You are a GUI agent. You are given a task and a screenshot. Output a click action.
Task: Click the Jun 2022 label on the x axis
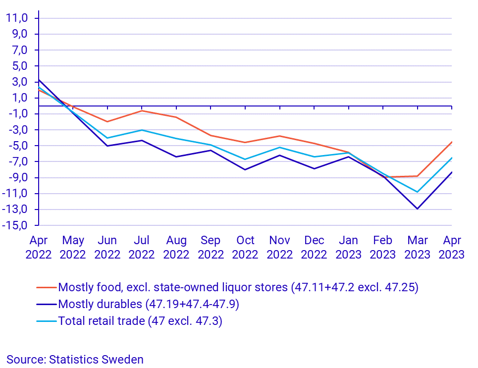click(x=107, y=247)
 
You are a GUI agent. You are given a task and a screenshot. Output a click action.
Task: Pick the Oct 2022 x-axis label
click(x=245, y=247)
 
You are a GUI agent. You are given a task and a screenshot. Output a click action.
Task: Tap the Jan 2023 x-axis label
click(x=349, y=247)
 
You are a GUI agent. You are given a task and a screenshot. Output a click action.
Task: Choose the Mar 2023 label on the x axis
click(x=418, y=247)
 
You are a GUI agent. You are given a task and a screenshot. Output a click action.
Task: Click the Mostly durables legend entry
click(x=148, y=304)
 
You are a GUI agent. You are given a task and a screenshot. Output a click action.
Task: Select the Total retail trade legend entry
click(x=140, y=320)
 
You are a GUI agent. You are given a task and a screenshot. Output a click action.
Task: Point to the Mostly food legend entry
click(x=238, y=287)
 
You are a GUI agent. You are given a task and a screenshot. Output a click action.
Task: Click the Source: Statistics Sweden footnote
click(x=75, y=360)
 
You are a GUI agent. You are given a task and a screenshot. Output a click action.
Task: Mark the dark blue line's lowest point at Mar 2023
click(x=418, y=209)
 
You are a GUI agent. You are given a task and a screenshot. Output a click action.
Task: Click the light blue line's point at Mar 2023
click(x=418, y=192)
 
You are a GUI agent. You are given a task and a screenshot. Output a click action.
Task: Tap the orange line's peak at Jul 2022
click(x=142, y=110)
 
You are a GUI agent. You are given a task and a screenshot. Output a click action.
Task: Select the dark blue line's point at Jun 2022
click(x=107, y=146)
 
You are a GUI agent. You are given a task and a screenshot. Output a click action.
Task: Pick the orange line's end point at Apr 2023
click(x=452, y=142)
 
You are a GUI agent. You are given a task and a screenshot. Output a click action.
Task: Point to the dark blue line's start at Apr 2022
click(x=39, y=80)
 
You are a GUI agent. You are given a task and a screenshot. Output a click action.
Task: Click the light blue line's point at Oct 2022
click(x=245, y=159)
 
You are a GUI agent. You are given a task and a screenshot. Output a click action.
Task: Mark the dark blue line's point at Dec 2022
click(x=314, y=169)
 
